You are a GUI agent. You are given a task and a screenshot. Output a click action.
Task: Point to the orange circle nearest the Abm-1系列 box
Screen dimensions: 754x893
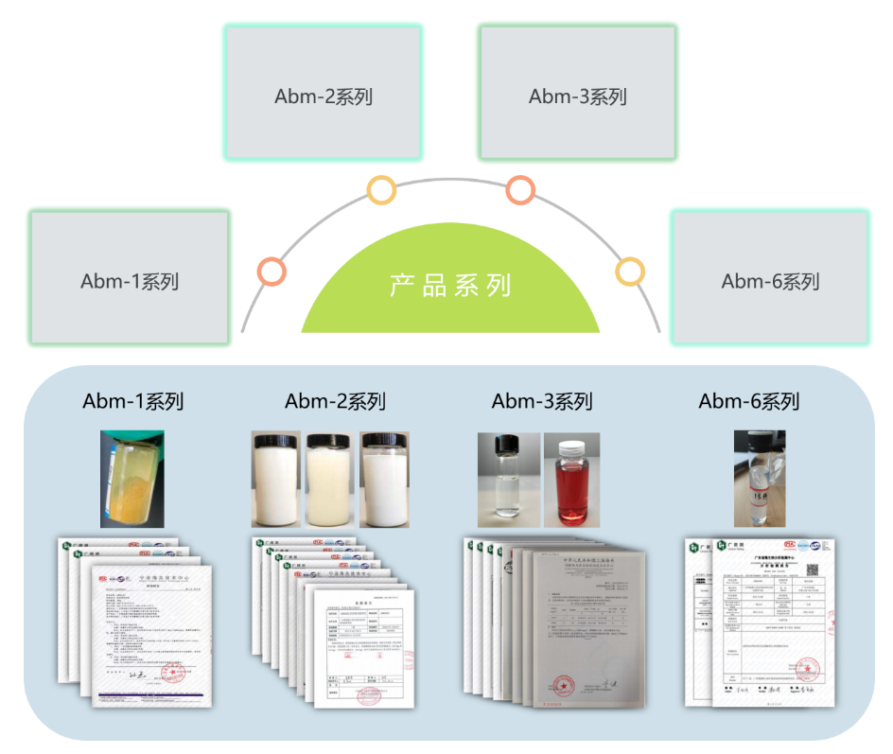(271, 272)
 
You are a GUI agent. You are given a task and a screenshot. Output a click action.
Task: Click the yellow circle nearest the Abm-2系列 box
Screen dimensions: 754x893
(381, 190)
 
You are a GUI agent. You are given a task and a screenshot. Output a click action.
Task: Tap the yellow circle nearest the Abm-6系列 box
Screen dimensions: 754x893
(630, 272)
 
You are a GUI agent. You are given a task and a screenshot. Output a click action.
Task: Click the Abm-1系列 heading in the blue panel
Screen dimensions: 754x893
(133, 401)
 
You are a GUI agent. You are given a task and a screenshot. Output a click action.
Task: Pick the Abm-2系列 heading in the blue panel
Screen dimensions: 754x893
(336, 401)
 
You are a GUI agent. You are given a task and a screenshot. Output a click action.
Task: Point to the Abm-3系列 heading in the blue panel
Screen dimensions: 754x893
(542, 401)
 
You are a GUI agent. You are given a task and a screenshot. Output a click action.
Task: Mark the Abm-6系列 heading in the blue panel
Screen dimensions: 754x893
(749, 401)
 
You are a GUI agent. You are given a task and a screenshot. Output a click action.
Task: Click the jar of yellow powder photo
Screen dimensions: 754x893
(132, 479)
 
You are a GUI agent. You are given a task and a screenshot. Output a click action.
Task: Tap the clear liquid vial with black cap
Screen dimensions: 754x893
(509, 480)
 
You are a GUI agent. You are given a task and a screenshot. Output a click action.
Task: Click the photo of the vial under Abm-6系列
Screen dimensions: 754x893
(760, 479)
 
